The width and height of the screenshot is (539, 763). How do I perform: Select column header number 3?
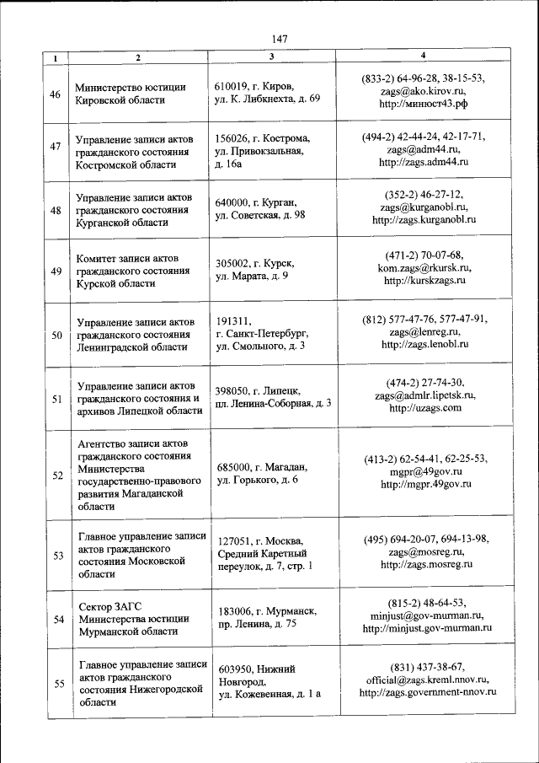tap(271, 56)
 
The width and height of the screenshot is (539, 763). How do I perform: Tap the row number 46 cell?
tap(56, 94)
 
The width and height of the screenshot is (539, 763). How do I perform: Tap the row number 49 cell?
tap(56, 271)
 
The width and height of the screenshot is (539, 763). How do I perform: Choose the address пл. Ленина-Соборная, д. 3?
tap(274, 403)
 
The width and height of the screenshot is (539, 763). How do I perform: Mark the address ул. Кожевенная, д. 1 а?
tap(269, 694)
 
